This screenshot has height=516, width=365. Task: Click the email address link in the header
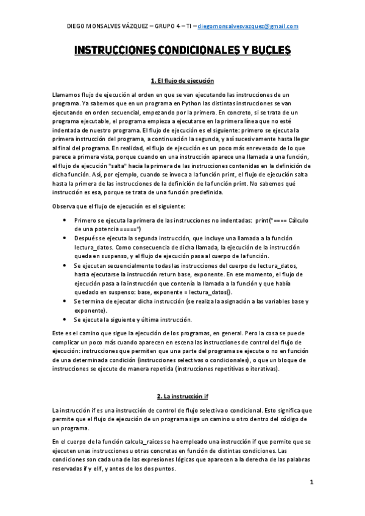click(x=249, y=26)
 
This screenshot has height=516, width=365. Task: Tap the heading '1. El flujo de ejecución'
click(x=182, y=81)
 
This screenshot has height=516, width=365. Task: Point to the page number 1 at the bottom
click(x=311, y=483)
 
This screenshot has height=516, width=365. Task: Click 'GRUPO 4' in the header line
click(x=163, y=26)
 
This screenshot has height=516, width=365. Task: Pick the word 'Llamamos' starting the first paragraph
click(x=68, y=95)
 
